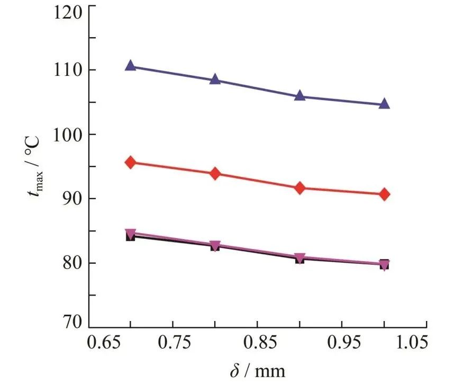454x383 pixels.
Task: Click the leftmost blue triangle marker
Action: point(131,66)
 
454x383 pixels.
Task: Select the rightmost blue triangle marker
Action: point(384,104)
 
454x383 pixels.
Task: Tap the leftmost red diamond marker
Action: point(131,163)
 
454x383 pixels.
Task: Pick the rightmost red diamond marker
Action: point(384,194)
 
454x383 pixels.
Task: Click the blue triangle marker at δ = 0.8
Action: point(215,80)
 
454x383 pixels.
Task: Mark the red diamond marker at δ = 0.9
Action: point(300,188)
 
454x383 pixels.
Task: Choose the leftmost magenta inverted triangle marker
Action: point(131,234)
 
